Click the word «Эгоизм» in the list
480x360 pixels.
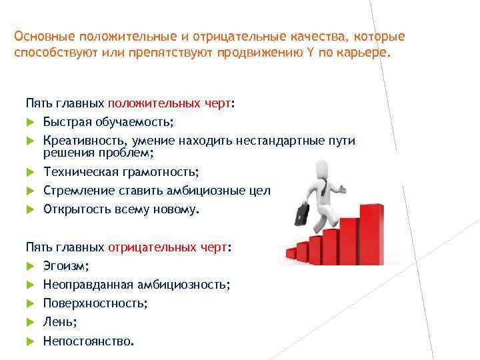coord(65,266)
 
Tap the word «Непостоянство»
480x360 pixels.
coord(87,341)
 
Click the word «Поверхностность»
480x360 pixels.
coord(95,303)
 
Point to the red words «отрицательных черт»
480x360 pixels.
coord(167,247)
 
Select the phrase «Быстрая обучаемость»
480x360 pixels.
coord(107,123)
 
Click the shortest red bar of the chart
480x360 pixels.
coord(290,253)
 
